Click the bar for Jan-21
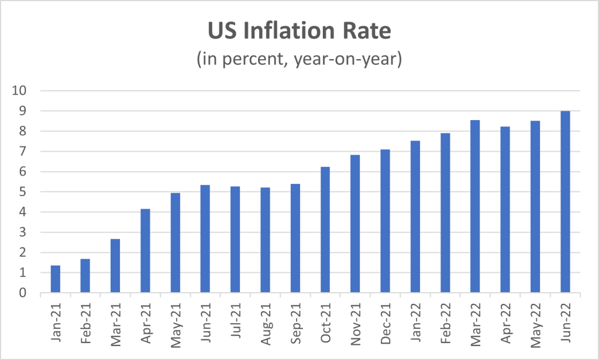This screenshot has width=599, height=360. click(56, 279)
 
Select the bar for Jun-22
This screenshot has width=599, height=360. click(565, 202)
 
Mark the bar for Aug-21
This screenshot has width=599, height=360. click(265, 240)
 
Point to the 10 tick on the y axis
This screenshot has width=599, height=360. click(20, 91)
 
